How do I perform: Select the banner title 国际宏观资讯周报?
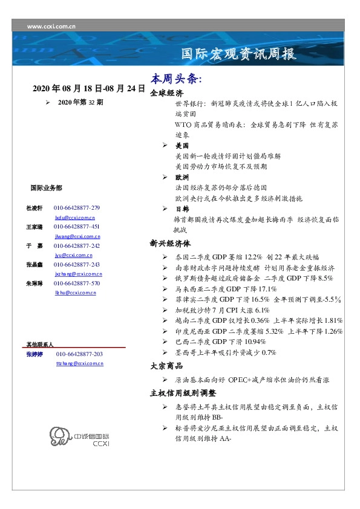pos(239,54)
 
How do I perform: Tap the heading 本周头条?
pos(175,80)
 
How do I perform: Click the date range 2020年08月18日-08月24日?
pos(89,89)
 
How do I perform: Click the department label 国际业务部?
pos(45,188)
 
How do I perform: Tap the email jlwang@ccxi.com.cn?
pos(77,236)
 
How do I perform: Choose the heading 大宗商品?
pos(166,366)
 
